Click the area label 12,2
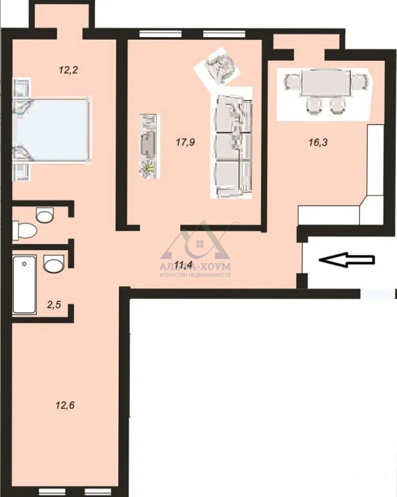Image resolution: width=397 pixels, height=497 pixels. (68, 70)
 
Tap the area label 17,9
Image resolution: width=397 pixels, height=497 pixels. (185, 142)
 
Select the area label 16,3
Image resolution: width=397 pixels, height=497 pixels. (318, 142)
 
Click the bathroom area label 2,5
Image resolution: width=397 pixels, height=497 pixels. (54, 305)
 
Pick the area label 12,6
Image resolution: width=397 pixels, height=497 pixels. (65, 405)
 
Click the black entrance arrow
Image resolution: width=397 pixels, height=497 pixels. (347, 260)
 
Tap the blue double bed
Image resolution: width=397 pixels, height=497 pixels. (51, 130)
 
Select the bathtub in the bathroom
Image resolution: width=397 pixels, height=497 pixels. (24, 284)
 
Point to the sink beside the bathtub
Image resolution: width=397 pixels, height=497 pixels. (54, 263)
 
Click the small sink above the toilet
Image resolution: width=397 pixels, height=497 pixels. (45, 215)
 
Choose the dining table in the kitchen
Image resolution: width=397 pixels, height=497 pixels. (326, 83)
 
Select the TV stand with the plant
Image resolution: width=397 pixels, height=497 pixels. (149, 146)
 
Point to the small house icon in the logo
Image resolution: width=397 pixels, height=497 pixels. (200, 244)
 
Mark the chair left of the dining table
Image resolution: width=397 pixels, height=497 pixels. (292, 82)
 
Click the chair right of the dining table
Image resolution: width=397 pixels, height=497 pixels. (360, 82)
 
